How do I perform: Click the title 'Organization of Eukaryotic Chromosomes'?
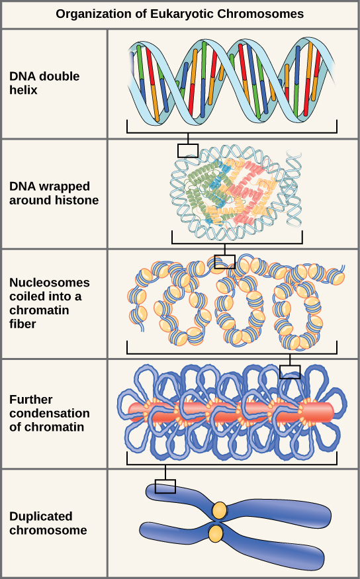180,13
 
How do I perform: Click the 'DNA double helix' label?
44,83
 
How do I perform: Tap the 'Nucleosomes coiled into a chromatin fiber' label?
50,302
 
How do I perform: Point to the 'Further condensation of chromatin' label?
50,413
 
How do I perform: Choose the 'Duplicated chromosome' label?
48,523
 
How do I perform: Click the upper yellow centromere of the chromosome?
219,510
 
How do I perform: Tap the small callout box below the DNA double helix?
188,150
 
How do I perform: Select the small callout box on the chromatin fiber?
224,261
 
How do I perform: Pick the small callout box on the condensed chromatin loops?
290,372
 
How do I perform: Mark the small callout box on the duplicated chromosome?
165,486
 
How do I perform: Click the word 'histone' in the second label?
79,199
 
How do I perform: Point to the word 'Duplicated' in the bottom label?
40,516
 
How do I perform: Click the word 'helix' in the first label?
23,89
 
